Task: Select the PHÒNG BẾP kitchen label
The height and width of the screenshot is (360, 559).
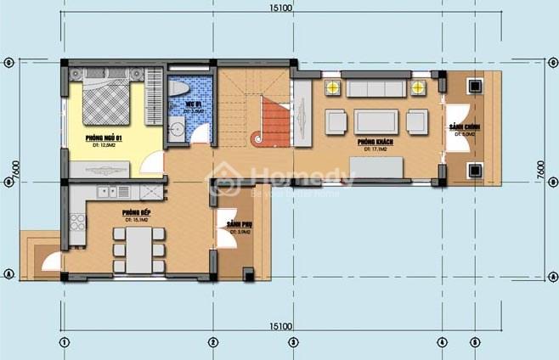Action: pos(131,212)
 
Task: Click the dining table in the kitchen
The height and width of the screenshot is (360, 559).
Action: pos(138,249)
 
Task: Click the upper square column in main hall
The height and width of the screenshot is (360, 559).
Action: pos(473,85)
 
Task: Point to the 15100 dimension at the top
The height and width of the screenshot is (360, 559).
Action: pos(281,8)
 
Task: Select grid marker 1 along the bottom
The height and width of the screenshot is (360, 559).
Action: pos(63,342)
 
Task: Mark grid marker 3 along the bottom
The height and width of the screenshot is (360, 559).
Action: pos(291,342)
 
